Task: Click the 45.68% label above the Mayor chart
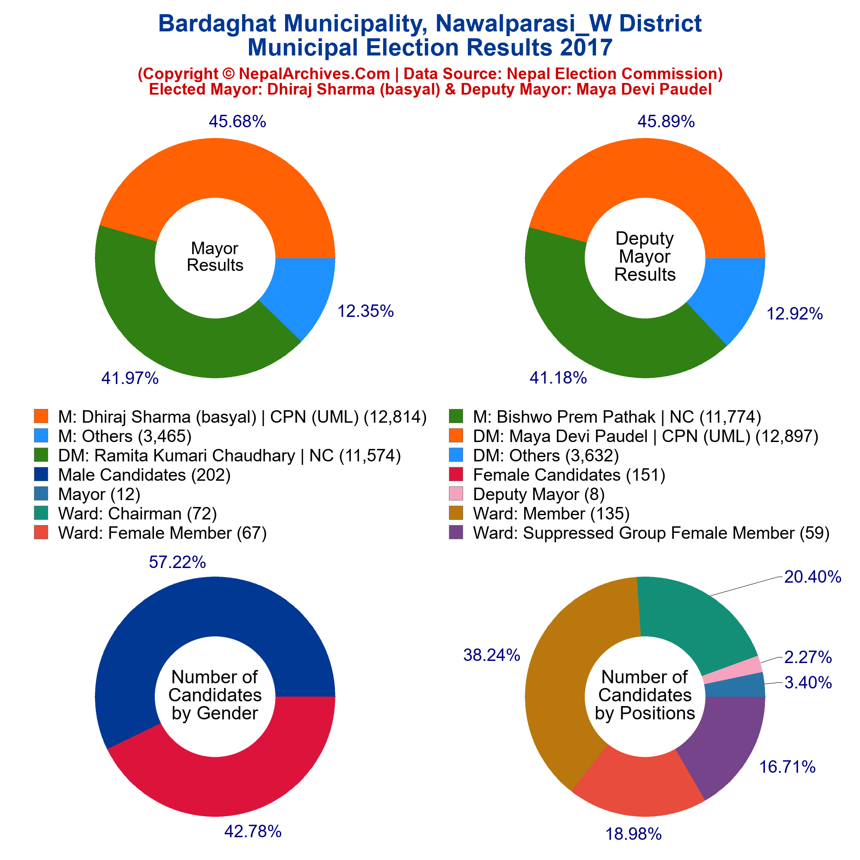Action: pyautogui.click(x=237, y=121)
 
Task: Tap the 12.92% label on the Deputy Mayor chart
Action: pyautogui.click(x=795, y=314)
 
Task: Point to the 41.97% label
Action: pyautogui.click(x=130, y=378)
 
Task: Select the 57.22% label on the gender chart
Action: pyautogui.click(x=177, y=562)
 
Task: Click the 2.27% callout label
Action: pyautogui.click(x=808, y=657)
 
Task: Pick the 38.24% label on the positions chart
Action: pyautogui.click(x=491, y=655)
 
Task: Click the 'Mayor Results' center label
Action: pyautogui.click(x=215, y=257)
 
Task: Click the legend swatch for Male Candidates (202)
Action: pyautogui.click(x=40, y=475)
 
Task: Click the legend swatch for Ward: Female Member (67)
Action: pyautogui.click(x=40, y=532)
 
